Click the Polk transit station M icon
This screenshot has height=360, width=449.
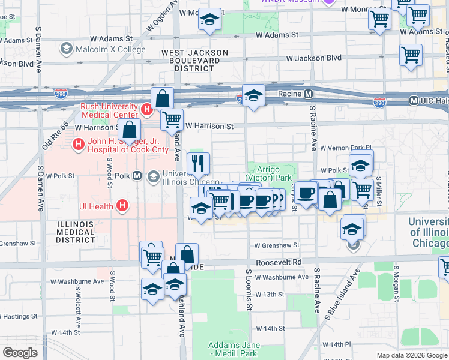tap(137, 176)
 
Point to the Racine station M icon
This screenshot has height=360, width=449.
tap(308, 94)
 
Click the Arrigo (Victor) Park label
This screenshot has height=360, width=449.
tap(268, 174)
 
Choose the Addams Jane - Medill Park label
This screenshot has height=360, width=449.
tap(234, 349)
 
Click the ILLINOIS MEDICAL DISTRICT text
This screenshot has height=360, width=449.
tap(75, 232)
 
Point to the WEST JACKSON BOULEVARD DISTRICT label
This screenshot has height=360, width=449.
tap(194, 61)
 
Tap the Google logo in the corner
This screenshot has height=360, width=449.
tap(20, 353)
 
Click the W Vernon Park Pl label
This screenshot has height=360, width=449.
tap(346, 148)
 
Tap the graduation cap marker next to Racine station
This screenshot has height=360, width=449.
tap(253, 95)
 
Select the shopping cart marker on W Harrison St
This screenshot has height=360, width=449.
tap(172, 119)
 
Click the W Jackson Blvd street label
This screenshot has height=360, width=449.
tap(314, 59)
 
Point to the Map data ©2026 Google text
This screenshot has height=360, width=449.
tap(411, 355)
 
